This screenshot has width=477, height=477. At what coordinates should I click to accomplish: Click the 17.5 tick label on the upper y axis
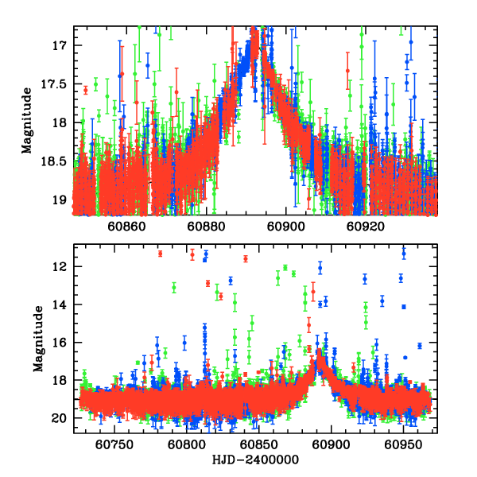[x=58, y=83]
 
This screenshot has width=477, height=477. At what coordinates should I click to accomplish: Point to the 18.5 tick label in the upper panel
[x=58, y=161]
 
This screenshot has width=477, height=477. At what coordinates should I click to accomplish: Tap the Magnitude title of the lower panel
[x=37, y=342]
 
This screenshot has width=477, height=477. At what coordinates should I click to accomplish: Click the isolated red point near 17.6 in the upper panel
[x=85, y=90]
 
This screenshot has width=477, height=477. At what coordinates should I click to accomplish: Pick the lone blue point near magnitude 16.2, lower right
[x=419, y=346]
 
